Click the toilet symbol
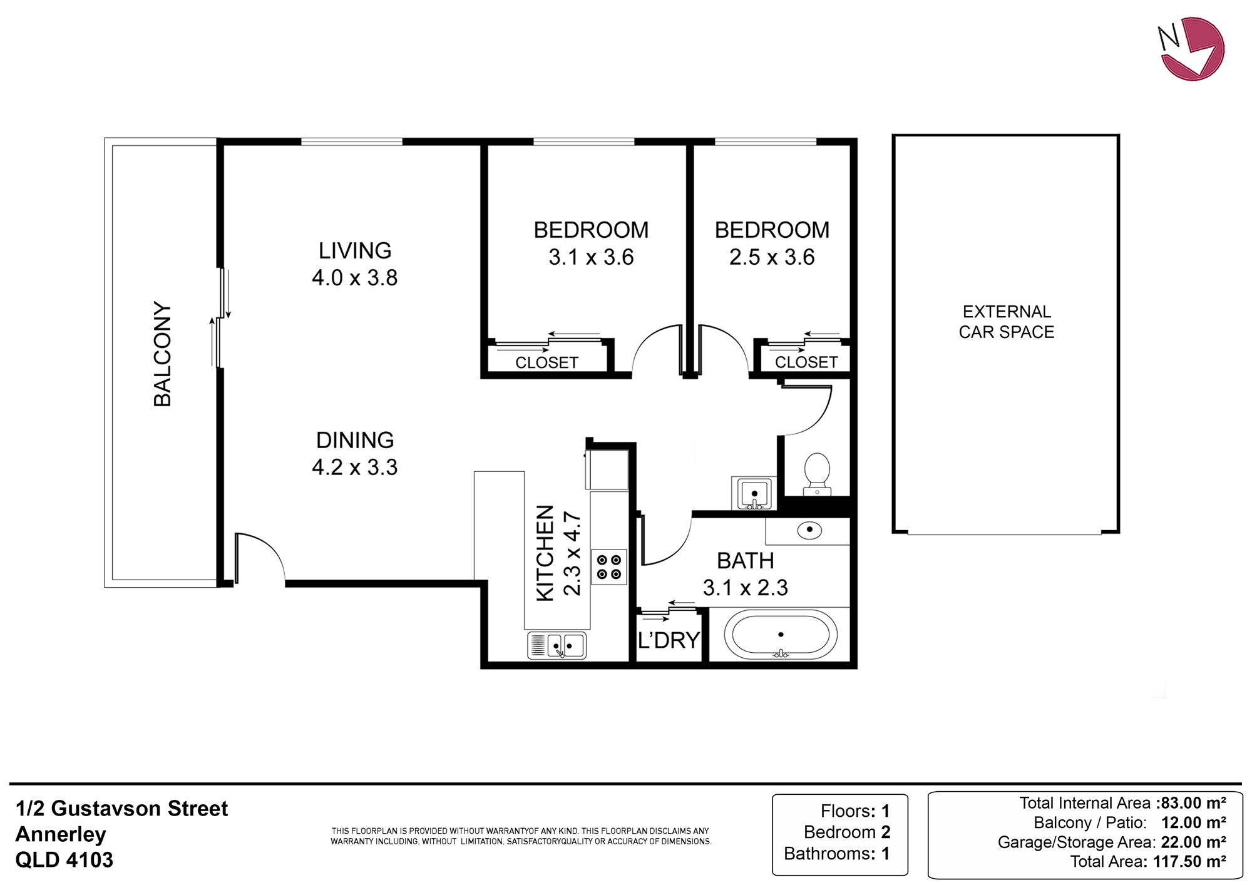(817, 473)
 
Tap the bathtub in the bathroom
(781, 635)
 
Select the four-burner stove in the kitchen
(609, 566)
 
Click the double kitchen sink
(557, 645)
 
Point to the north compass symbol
(1191, 49)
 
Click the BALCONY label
(163, 355)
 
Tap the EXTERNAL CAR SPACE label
(1007, 322)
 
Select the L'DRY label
(669, 640)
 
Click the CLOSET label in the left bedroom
(546, 362)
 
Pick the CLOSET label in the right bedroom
(806, 362)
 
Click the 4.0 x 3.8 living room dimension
(355, 277)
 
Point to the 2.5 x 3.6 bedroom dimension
(772, 257)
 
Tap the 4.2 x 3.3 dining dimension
(355, 468)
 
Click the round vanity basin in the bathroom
(809, 530)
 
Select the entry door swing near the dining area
(260, 557)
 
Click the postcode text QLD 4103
(64, 859)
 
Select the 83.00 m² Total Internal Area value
(1193, 803)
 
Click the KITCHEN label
(545, 553)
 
